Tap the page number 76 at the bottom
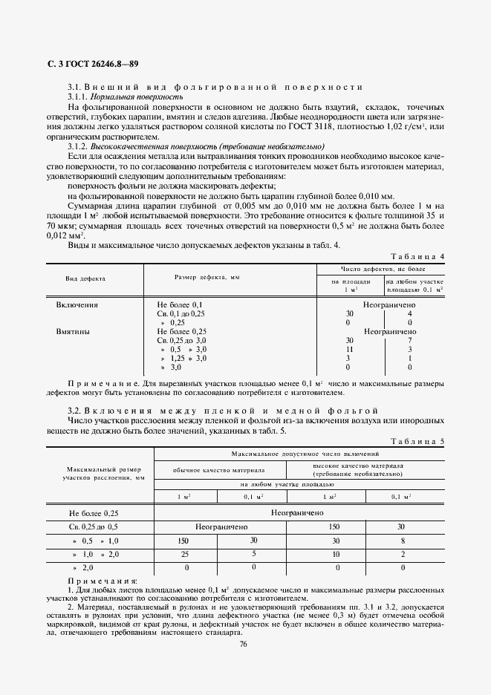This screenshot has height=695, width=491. pyautogui.click(x=243, y=644)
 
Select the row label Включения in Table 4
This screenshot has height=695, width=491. pyautogui.click(x=77, y=304)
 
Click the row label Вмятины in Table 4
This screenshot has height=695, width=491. pyautogui.click(x=74, y=331)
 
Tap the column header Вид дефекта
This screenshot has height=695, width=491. pyautogui.click(x=85, y=278)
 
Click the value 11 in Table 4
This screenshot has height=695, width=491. pyautogui.click(x=349, y=349)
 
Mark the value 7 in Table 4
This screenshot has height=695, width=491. pyautogui.click(x=410, y=340)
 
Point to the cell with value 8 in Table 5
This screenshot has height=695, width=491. pyautogui.click(x=403, y=541)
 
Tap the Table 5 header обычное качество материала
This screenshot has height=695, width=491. pyautogui.click(x=218, y=470)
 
